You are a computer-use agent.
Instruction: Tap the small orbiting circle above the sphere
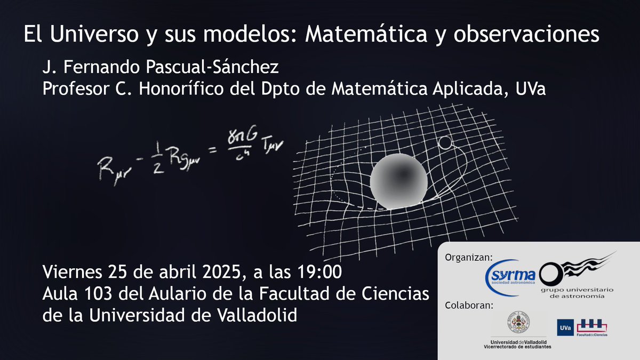pyautogui.click(x=445, y=143)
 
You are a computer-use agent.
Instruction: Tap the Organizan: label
pyautogui.click(x=468, y=258)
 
